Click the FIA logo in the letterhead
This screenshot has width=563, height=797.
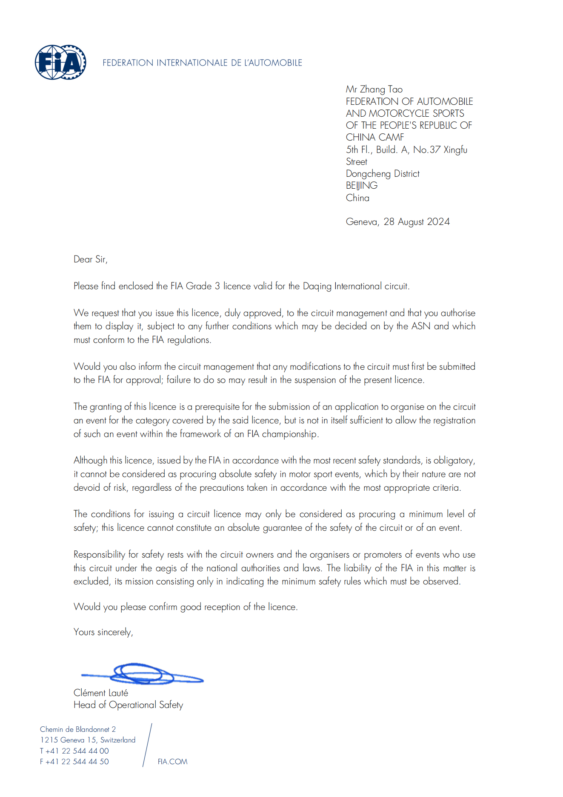tap(60, 62)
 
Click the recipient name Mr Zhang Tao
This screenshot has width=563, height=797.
tap(374, 89)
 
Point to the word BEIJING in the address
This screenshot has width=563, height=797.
tap(362, 186)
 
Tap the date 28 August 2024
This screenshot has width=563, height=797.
tap(417, 222)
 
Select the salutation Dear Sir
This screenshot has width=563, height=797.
tap(90, 259)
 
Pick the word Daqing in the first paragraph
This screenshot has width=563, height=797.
tap(317, 286)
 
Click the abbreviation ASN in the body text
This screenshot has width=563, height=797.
tap(421, 326)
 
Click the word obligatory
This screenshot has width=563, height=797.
tap(454, 460)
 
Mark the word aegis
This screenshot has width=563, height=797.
tap(166, 568)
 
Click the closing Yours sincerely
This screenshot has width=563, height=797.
tap(103, 632)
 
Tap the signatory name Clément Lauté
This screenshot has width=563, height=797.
tap(101, 693)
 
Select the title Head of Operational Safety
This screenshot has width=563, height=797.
tap(128, 705)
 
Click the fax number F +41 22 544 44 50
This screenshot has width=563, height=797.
tap(74, 762)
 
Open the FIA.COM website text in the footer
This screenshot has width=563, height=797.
tap(172, 762)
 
